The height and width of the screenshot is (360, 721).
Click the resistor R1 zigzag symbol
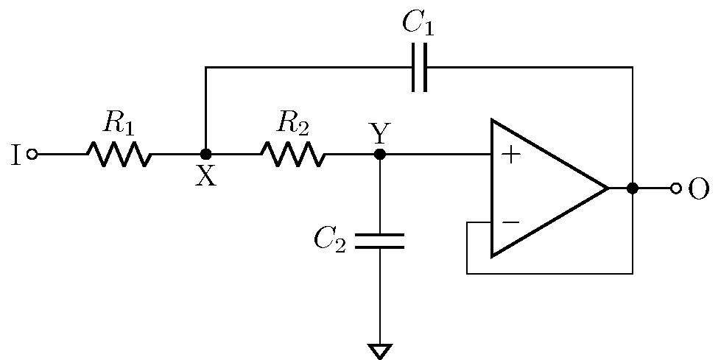click(119, 155)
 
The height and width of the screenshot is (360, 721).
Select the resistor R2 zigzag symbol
click(292, 155)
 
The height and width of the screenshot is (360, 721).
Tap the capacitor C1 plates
click(419, 68)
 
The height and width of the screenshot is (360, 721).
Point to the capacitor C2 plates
click(380, 241)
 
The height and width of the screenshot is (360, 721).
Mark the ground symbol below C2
click(380, 351)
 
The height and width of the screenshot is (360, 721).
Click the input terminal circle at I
click(32, 155)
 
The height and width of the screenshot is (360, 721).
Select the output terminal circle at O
click(675, 188)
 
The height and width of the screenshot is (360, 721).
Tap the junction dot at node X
click(206, 155)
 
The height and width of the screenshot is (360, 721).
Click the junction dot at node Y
click(380, 155)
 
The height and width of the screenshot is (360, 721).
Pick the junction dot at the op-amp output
click(632, 188)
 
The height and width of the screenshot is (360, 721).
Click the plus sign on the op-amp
click(510, 155)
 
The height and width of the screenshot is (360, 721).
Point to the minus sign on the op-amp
click(510, 222)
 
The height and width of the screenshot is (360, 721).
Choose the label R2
click(292, 124)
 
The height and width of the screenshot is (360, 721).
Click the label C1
click(418, 24)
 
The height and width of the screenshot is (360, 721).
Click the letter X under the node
click(205, 177)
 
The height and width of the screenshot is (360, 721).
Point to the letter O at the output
click(699, 189)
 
